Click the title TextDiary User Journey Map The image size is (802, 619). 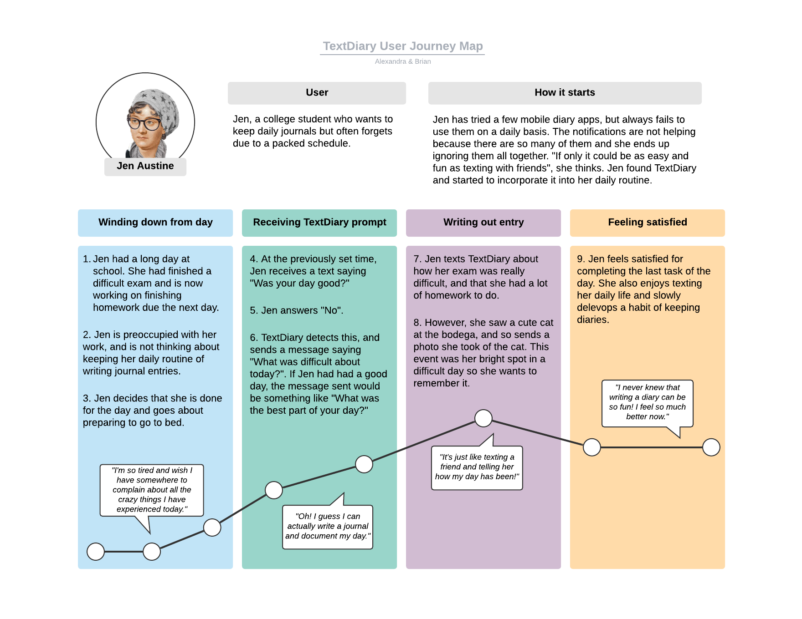pos(403,46)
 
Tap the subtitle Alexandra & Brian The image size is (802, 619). pos(403,61)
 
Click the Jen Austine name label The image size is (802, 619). pos(145,166)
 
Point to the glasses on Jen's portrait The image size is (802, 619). pos(144,123)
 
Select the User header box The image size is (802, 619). pos(317,93)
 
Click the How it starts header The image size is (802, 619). pos(565,93)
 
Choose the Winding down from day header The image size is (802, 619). pos(155,223)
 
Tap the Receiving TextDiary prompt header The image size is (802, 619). pos(319,223)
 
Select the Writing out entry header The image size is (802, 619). pos(483,223)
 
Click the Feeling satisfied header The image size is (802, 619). pos(648,223)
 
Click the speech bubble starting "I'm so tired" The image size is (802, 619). pos(152,490)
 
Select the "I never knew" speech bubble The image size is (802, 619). pos(648,403)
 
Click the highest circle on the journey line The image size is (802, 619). pos(483,418)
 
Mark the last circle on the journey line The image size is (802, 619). pos(711,447)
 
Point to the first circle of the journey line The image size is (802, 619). pos(96,552)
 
